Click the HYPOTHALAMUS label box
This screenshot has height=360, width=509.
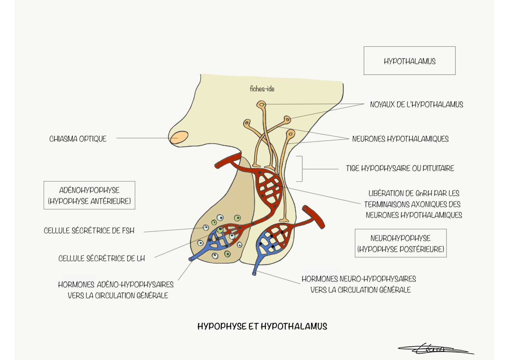[409, 61]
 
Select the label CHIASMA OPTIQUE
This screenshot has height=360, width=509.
[78, 139]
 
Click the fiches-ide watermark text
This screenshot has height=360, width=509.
[262, 89]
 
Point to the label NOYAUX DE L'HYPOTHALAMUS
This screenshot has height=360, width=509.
[417, 104]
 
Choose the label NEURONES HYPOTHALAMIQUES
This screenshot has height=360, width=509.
[400, 139]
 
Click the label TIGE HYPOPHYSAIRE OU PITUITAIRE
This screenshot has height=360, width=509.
[400, 168]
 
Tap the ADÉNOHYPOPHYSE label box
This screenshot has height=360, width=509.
[89, 195]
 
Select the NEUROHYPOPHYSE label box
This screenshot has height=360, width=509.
[401, 243]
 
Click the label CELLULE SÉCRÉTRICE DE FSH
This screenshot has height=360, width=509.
[89, 231]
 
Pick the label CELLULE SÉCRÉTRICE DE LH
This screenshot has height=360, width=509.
[102, 259]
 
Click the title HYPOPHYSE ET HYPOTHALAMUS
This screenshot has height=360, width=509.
[262, 326]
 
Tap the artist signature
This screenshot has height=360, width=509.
[435, 349]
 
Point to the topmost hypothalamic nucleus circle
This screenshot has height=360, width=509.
[261, 104]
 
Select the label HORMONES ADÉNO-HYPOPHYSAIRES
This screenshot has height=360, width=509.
[116, 284]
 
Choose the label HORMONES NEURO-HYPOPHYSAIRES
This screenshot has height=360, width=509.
[359, 279]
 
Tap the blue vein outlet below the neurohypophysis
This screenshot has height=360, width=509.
[255, 272]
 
